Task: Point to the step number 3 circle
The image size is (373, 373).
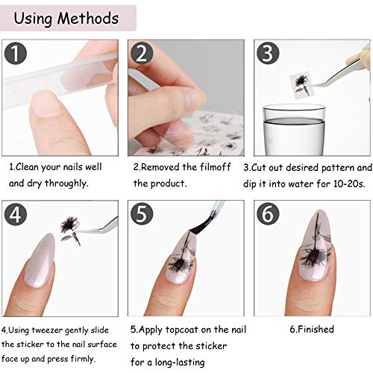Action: [269, 54]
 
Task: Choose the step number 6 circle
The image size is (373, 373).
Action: [269, 216]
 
